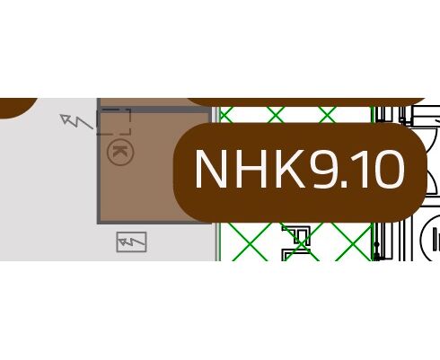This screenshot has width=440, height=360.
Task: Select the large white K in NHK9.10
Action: (290, 169)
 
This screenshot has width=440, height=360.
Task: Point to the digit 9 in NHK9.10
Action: (323, 169)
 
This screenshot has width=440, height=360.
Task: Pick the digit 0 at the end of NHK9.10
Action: (389, 169)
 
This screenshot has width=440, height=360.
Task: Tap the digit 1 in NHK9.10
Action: (360, 169)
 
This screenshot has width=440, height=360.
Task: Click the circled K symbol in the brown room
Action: (120, 152)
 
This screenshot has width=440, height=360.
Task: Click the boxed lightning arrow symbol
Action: (131, 241)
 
